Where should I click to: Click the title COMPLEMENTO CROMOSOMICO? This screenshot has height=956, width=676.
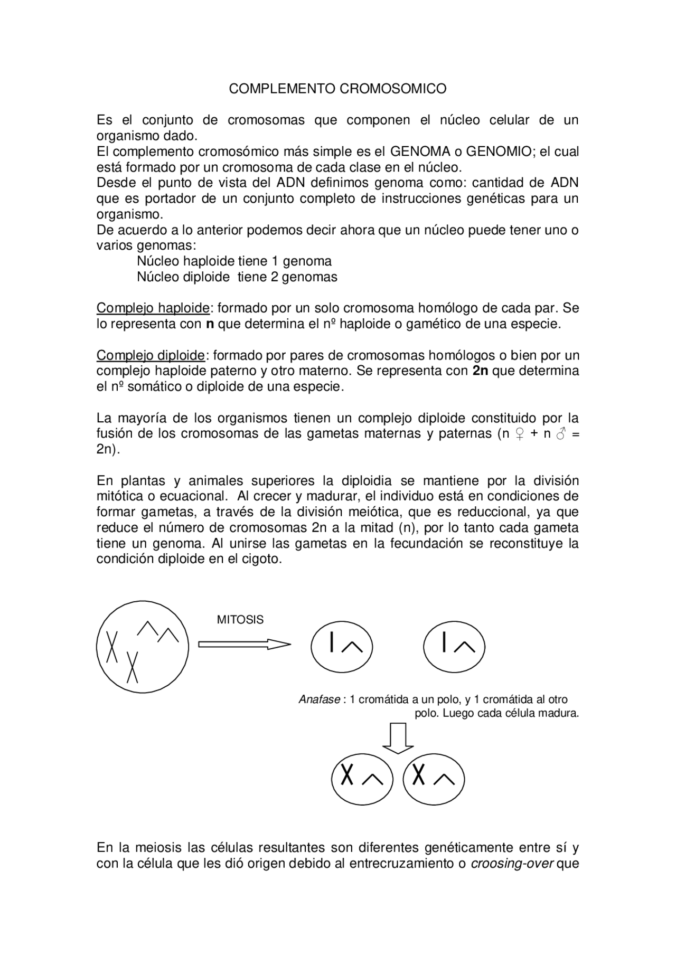click(x=337, y=89)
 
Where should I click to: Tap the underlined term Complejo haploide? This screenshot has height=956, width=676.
click(x=153, y=308)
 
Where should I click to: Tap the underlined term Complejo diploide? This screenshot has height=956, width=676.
click(x=151, y=355)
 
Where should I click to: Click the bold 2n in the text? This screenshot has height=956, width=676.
click(x=480, y=371)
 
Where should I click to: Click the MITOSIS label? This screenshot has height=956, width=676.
click(x=240, y=620)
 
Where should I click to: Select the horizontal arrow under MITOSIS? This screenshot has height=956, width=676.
click(x=244, y=644)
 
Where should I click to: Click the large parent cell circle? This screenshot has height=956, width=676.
click(x=142, y=647)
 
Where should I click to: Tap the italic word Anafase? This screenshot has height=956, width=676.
click(x=319, y=699)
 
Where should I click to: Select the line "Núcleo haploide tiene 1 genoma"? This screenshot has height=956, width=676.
click(x=234, y=261)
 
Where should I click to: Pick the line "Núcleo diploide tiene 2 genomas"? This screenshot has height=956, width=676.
click(x=237, y=277)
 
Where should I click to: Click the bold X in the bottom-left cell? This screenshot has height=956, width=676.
click(x=346, y=774)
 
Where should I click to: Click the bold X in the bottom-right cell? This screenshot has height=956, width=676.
click(x=418, y=774)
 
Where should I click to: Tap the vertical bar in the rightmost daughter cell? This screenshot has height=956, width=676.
click(x=445, y=642)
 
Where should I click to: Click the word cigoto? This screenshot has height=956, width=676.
click(x=262, y=559)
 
